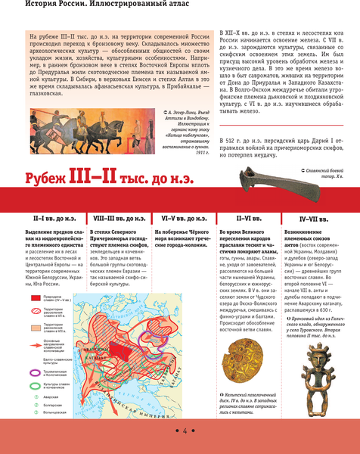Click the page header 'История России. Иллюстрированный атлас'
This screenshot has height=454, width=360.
pos(92,7)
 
